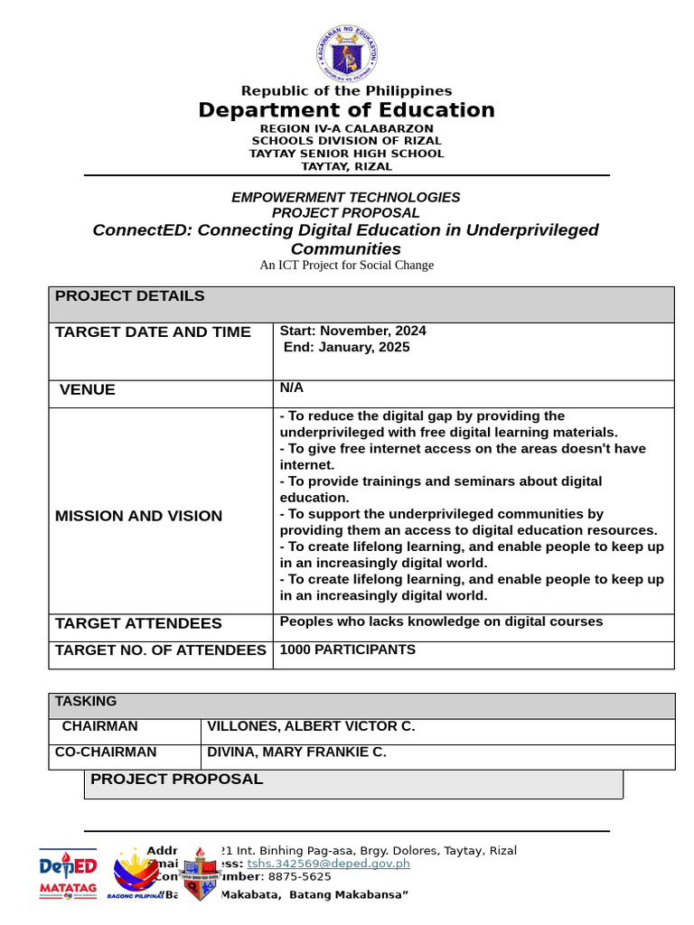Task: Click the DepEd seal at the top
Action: point(347,53)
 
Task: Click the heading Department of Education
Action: point(347,110)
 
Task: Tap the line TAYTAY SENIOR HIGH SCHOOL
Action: point(347,154)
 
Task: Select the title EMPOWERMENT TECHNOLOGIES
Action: point(346,197)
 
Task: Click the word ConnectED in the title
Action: point(142,230)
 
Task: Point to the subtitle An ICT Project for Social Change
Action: point(347,265)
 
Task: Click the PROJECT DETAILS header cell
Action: point(130,296)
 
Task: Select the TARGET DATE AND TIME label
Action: point(153,332)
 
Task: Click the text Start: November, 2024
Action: point(353,331)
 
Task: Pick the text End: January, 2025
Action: point(347,347)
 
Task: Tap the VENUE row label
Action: point(88,390)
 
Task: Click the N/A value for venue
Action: point(292,388)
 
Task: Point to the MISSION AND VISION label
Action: point(138,516)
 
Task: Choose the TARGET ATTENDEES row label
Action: point(138,623)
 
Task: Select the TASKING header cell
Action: point(86,701)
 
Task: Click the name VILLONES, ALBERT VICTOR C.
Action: point(311,726)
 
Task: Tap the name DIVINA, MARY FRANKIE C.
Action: point(296,752)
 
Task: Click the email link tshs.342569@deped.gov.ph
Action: point(328,864)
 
